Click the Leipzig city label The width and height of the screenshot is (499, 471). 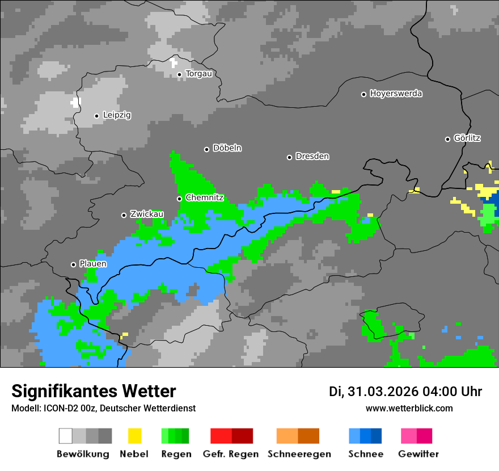click(117, 115)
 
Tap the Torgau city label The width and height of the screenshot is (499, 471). click(198, 74)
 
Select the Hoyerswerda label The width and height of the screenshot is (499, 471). click(396, 94)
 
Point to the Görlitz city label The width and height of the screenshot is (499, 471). click(467, 138)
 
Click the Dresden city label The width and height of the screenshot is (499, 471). click(312, 157)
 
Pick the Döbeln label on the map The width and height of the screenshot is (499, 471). click(227, 148)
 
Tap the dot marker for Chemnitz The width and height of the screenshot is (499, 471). click(179, 199)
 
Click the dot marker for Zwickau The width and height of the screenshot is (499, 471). click(124, 215)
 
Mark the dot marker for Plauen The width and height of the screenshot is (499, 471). click(73, 264)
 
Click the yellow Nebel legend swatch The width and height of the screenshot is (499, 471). click(134, 436)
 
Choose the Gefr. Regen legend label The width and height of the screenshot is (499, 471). click(231, 454)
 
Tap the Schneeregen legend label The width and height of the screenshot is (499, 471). click(299, 454)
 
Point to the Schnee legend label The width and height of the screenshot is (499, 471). click(365, 454)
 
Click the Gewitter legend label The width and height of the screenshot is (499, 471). click(418, 454)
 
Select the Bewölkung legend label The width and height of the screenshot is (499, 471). click(83, 454)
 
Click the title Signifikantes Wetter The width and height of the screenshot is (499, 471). click(94, 392)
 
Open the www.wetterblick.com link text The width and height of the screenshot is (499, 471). click(409, 409)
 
